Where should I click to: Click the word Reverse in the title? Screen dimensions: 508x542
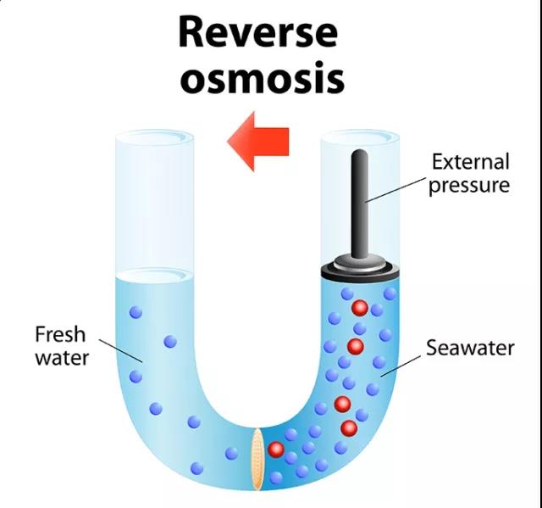(x=257, y=32)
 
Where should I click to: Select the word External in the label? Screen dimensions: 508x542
(x=470, y=161)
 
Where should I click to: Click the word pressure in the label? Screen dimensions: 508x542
(x=468, y=185)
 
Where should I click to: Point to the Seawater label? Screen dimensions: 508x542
(x=470, y=348)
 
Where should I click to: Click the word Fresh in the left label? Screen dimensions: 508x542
(x=60, y=334)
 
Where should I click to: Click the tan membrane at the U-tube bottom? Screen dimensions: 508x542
(x=258, y=459)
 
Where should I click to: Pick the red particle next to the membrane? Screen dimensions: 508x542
(x=275, y=449)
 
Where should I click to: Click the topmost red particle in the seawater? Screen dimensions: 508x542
(x=360, y=307)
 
